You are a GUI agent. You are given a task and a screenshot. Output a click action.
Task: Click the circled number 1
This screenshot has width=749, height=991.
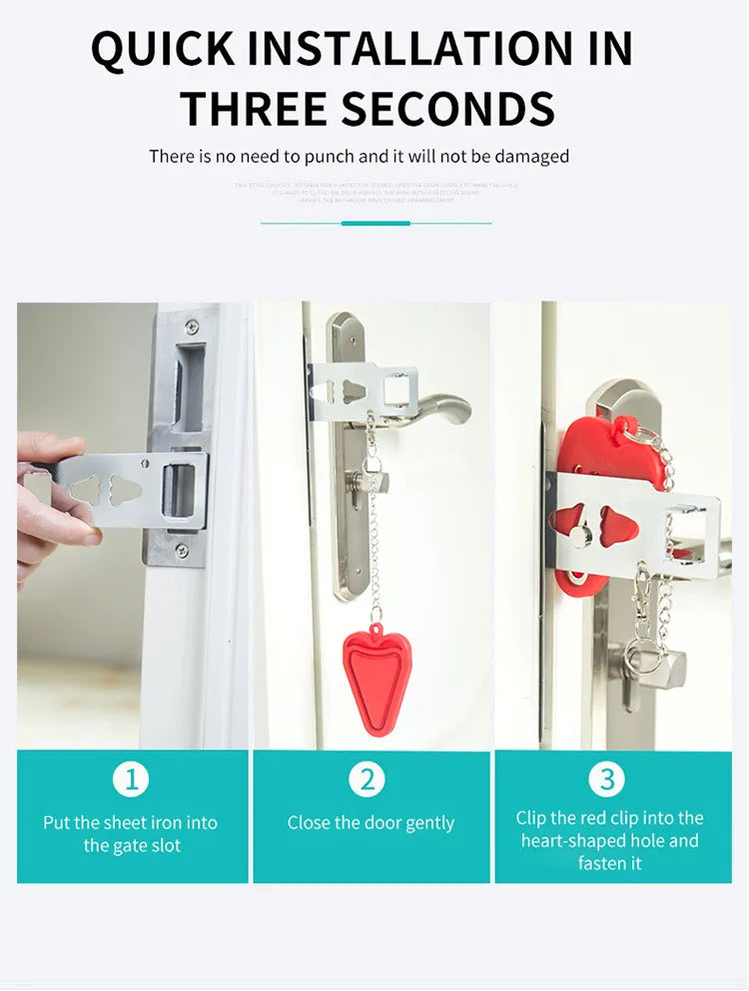(131, 778)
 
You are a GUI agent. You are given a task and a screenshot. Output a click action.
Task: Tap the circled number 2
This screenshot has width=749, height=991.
(368, 778)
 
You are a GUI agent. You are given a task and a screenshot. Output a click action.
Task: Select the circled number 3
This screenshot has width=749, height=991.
(606, 778)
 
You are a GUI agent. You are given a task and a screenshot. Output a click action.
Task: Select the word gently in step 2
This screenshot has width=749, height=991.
(430, 823)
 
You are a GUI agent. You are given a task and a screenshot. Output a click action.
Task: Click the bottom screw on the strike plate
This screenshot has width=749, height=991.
(181, 550)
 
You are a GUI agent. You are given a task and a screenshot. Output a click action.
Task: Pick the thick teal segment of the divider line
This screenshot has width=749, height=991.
(375, 223)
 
